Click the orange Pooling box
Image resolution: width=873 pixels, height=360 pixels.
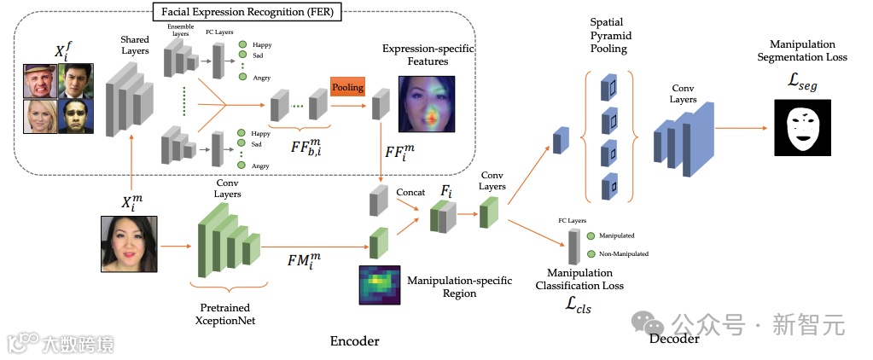click(x=347, y=87)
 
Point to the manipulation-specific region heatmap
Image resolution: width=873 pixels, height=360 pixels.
click(x=379, y=285)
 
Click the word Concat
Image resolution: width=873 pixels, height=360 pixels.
click(x=410, y=193)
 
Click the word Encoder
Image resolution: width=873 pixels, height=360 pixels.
click(x=354, y=341)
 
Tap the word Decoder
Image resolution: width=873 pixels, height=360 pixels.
click(x=674, y=339)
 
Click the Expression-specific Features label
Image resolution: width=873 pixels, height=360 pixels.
click(x=427, y=55)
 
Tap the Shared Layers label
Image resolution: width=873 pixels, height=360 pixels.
click(x=134, y=45)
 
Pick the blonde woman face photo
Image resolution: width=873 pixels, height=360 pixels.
click(x=40, y=116)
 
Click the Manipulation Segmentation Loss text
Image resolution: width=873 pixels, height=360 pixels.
click(x=803, y=50)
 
